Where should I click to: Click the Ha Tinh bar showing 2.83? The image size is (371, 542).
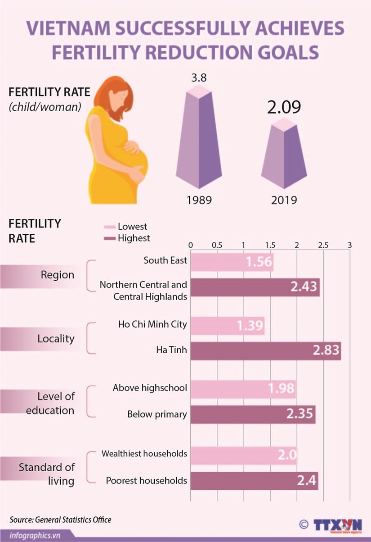(x=265, y=351)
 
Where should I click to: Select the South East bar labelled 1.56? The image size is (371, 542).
(x=232, y=262)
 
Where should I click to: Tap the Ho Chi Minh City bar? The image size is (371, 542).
(x=228, y=326)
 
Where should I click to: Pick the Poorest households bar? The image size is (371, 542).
(x=254, y=481)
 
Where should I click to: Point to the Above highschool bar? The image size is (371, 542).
(x=243, y=388)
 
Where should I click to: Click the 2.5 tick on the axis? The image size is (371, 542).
(x=323, y=246)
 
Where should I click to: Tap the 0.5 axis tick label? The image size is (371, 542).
(x=217, y=246)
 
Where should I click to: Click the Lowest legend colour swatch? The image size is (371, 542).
(x=110, y=227)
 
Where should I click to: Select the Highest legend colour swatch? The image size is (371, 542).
(x=110, y=238)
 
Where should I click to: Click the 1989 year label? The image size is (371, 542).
(x=199, y=200)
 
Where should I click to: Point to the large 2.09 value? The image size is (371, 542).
(x=284, y=108)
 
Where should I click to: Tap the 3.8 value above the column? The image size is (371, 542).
(x=199, y=77)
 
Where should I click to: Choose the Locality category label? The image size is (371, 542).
(x=56, y=339)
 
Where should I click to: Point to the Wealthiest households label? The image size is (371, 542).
(x=144, y=454)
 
